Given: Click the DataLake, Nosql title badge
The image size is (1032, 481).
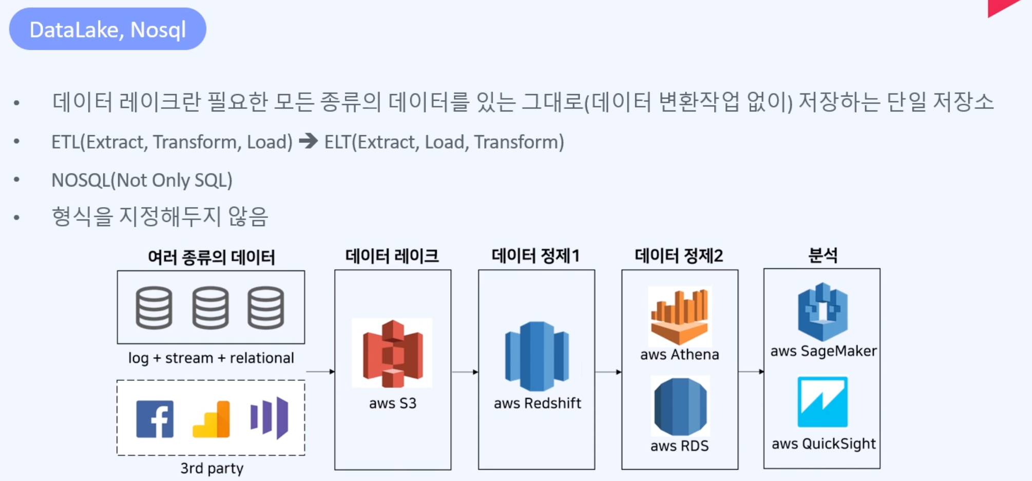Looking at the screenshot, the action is [x=108, y=29].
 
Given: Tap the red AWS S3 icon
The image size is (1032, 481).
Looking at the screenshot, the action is [x=392, y=353].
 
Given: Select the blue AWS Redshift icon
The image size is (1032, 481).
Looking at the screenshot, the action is [x=537, y=356].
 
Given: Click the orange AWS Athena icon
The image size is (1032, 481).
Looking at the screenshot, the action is [x=680, y=316].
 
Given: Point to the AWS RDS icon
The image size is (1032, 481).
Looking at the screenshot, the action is [x=680, y=406].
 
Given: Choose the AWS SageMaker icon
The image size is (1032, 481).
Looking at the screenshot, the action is [x=823, y=312].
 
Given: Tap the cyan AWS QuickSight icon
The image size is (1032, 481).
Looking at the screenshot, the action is [x=823, y=402].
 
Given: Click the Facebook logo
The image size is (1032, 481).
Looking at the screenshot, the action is [x=155, y=419].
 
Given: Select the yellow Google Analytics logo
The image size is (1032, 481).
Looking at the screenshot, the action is [x=211, y=419].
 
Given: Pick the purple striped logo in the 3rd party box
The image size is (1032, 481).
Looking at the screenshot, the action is [x=269, y=417].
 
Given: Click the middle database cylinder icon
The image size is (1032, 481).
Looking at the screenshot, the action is [x=211, y=308].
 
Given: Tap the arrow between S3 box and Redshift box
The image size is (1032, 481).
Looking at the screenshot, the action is [x=465, y=372].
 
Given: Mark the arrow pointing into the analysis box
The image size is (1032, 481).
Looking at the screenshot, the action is [x=751, y=372].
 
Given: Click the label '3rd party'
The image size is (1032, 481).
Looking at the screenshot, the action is [x=212, y=468].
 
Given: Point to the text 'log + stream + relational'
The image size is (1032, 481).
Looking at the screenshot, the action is [x=211, y=358].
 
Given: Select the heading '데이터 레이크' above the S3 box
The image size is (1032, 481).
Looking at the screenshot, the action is [x=392, y=255].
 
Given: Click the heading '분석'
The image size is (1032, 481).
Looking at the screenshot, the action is [x=823, y=255].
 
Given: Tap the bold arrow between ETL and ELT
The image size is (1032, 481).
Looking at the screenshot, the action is [x=309, y=140].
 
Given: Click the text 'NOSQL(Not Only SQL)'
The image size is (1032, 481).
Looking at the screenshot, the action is [x=142, y=180].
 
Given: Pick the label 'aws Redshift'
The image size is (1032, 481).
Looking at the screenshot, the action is [x=537, y=403].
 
